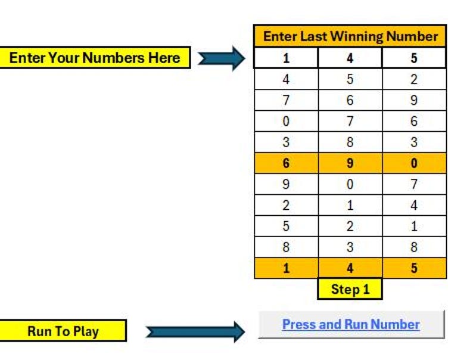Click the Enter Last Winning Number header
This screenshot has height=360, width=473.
[x=350, y=36]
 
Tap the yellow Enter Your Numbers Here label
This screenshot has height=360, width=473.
[x=95, y=58]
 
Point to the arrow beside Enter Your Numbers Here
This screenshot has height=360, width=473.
[x=221, y=58]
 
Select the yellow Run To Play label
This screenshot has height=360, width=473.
[x=63, y=331]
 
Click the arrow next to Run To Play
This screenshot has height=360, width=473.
[x=195, y=332]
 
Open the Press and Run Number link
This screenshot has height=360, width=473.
[x=351, y=325]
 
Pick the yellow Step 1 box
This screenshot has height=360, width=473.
[x=350, y=290]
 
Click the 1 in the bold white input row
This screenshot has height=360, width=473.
[x=286, y=58]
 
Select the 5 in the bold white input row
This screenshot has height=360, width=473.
[x=414, y=58]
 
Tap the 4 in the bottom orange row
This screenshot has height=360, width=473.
[x=350, y=268]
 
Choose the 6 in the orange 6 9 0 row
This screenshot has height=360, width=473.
[x=286, y=163]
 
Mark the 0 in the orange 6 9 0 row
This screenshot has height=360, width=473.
[x=414, y=163]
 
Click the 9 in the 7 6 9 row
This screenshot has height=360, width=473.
[x=414, y=100]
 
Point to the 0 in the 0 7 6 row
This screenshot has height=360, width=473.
[x=286, y=122]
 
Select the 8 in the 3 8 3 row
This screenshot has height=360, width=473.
[x=350, y=142]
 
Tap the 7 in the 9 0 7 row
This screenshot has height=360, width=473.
[x=414, y=184]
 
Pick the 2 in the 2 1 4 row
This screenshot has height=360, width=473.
[x=286, y=206]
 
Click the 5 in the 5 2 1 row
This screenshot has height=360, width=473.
[x=286, y=226]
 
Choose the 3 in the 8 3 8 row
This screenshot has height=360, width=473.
[x=350, y=247]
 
